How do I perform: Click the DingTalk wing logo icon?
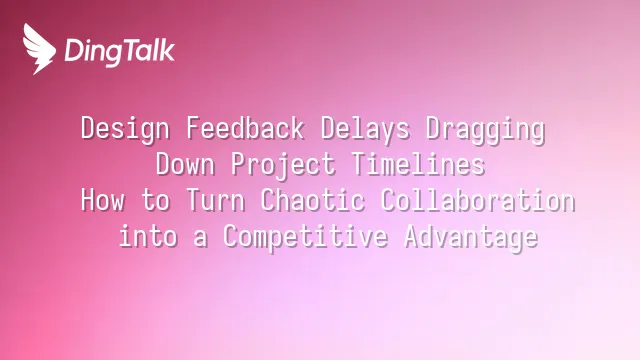[x=39, y=49]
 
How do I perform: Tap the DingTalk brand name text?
[x=120, y=51]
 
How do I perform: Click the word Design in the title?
[x=125, y=129]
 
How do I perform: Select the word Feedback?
[x=245, y=128]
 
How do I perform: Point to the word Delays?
[x=365, y=129]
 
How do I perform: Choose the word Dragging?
[x=485, y=129]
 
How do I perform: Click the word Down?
[x=185, y=164]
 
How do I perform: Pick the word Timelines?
[x=418, y=164]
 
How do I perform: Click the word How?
[x=102, y=200]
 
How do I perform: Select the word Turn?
[x=216, y=200]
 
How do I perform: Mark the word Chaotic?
[x=313, y=200]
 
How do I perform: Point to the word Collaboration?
[x=478, y=200]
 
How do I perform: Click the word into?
[x=148, y=236]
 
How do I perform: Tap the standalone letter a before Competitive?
[x=200, y=239]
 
